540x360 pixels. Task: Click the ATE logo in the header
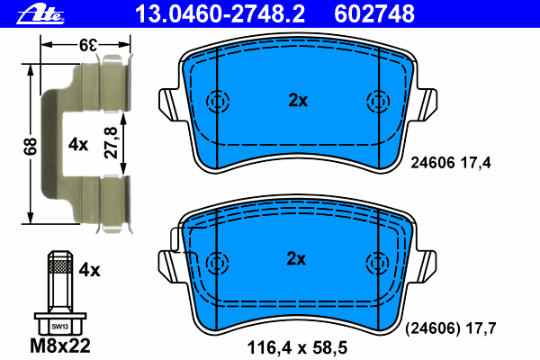pyautogui.click(x=40, y=14)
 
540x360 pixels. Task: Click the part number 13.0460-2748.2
pyautogui.click(x=220, y=13)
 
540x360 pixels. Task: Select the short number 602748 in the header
pyautogui.click(x=374, y=13)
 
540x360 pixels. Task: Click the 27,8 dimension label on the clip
pyautogui.click(x=111, y=142)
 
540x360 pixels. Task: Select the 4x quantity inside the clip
pyautogui.click(x=78, y=144)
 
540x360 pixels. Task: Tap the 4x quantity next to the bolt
pyautogui.click(x=89, y=270)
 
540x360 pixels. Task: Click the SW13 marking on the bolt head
pyautogui.click(x=60, y=326)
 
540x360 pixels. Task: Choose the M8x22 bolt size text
pyautogui.click(x=60, y=346)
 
